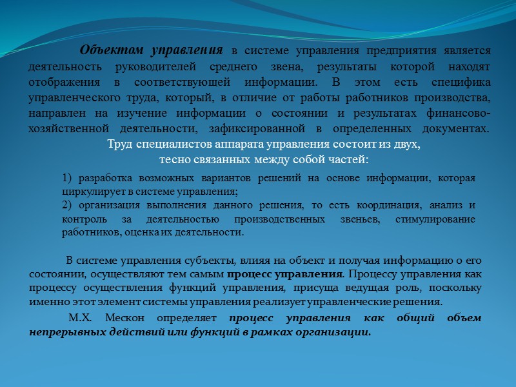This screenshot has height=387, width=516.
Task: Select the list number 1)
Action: (x=68, y=178)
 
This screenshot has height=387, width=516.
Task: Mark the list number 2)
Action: (x=68, y=206)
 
